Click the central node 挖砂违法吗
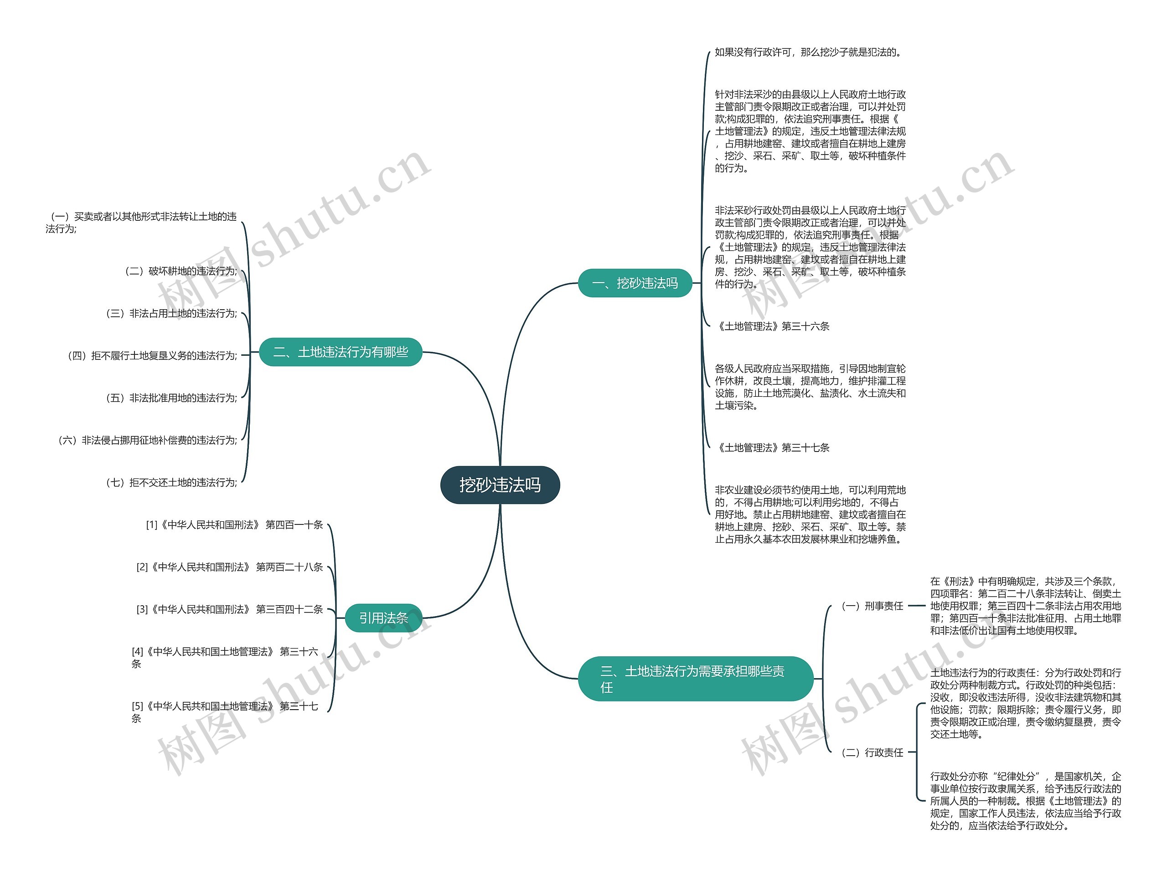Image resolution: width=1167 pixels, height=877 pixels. coord(500,484)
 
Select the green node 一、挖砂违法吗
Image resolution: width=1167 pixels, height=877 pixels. coord(635,283)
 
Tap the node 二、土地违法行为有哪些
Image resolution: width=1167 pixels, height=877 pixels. coord(341,352)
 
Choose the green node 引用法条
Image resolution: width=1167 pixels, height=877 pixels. coord(383,618)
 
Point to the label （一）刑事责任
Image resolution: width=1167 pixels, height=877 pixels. coord(872,606)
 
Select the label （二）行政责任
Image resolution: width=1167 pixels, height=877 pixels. coord(872,752)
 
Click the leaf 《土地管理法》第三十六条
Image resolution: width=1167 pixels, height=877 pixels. coord(773,327)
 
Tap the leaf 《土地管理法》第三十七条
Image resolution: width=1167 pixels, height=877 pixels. coord(773,448)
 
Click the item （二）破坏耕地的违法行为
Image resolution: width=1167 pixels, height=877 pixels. coord(180,271)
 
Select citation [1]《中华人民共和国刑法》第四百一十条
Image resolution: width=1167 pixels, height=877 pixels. coord(234,524)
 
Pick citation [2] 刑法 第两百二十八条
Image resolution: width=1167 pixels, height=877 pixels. coord(229,567)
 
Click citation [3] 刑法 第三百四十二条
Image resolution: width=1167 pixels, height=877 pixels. coord(229,609)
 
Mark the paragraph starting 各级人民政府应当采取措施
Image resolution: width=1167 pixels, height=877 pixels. coord(810,387)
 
